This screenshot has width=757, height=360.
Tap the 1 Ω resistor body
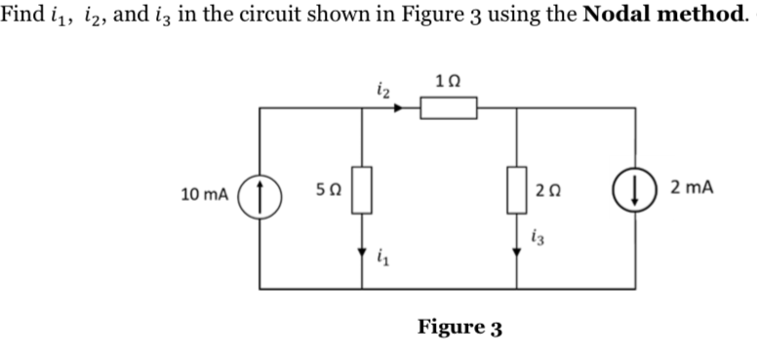[449, 107]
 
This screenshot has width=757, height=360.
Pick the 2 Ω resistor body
[517, 189]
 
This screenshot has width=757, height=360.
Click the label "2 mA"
[692, 187]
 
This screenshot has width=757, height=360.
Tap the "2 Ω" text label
[548, 191]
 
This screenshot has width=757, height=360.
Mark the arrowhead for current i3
[517, 250]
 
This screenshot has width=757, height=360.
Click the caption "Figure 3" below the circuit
[458, 326]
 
